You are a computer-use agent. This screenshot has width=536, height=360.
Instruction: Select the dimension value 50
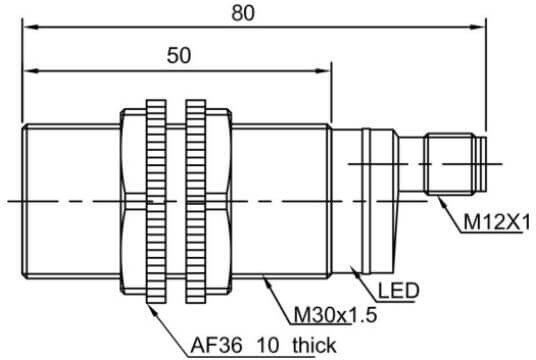[178, 56]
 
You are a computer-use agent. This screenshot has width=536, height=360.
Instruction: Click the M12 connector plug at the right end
[455, 165]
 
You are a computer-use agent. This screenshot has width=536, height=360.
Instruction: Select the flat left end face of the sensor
[22, 200]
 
